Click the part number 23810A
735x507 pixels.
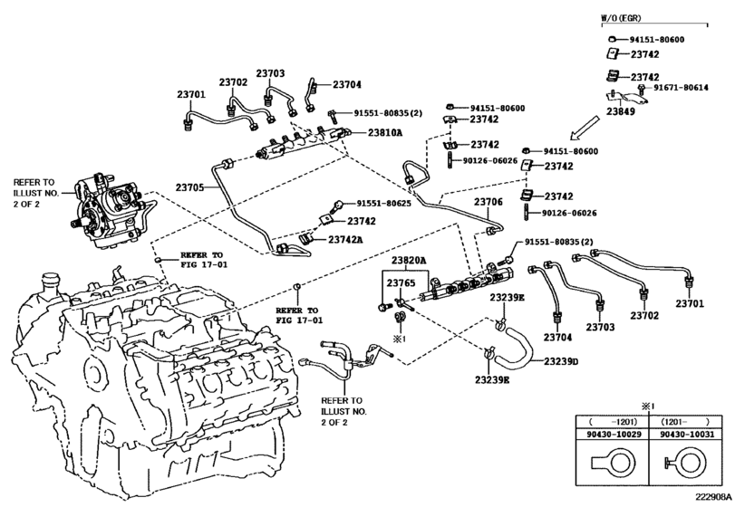point(385,132)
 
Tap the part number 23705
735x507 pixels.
point(189,187)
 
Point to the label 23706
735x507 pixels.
point(488,202)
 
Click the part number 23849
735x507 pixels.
point(621,111)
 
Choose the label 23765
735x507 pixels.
point(401,282)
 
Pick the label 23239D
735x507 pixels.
point(561,361)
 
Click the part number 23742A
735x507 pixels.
point(345,239)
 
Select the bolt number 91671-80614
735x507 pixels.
point(682,88)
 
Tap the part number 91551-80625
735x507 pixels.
point(384,204)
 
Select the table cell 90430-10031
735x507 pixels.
point(687,435)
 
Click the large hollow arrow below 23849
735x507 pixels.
point(585,128)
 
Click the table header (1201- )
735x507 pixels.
point(685,421)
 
